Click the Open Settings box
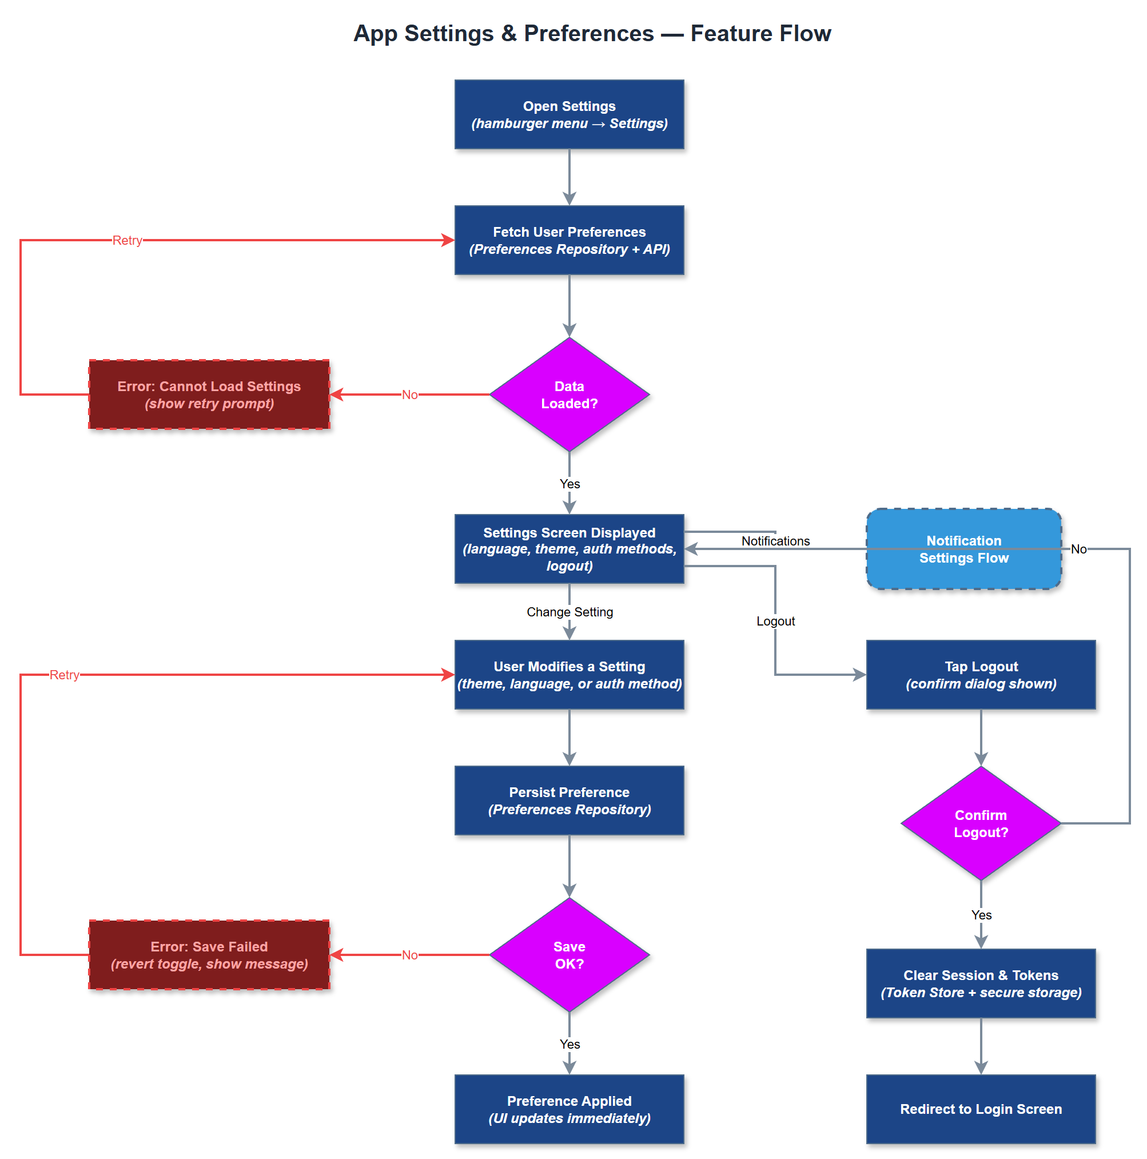[569, 114]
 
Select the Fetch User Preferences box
[569, 240]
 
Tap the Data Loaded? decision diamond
[569, 395]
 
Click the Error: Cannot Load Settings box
[209, 395]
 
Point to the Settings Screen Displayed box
[569, 549]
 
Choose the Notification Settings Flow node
[963, 549]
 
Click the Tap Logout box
[980, 675]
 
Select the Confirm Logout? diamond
[980, 824]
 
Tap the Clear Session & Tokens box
[980, 984]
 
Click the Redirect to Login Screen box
[980, 1109]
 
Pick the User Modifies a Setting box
[569, 675]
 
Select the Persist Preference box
[569, 801]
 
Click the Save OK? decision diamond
[569, 955]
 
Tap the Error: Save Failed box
[209, 955]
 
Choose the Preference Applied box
[569, 1109]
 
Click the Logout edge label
[775, 621]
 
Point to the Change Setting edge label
[569, 612]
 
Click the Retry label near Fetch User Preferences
[127, 240]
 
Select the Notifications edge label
[775, 541]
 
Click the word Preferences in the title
[588, 34]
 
